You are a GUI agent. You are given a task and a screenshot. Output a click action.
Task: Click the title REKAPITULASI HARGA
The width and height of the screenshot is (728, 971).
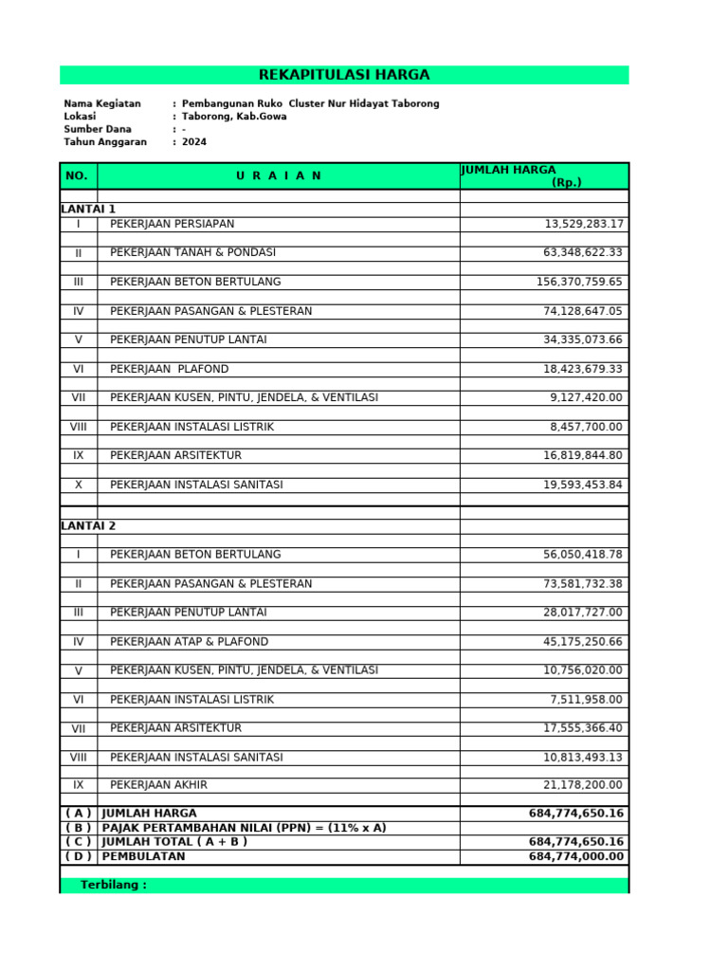(344, 75)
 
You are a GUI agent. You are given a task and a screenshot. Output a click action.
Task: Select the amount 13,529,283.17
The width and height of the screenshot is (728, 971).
(584, 225)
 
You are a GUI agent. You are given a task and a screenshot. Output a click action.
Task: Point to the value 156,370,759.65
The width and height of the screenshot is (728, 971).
(579, 283)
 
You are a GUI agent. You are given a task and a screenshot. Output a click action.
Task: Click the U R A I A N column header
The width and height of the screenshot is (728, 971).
(279, 176)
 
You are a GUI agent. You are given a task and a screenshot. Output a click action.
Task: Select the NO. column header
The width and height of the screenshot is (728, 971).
(78, 176)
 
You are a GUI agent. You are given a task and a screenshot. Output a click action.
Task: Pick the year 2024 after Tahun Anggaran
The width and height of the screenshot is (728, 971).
(194, 142)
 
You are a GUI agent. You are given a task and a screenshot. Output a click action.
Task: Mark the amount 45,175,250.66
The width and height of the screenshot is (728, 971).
(583, 642)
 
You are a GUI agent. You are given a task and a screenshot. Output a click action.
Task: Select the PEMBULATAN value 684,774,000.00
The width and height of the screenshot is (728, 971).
(576, 857)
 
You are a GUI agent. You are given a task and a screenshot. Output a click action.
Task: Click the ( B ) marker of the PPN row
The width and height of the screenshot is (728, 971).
(78, 828)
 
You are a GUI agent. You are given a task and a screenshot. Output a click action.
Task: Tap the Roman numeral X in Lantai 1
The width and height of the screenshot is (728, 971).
(78, 485)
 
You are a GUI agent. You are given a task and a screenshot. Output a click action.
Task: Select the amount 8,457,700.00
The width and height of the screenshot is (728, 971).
(587, 428)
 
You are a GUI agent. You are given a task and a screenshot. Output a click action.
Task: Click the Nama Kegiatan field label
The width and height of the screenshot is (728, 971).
(102, 103)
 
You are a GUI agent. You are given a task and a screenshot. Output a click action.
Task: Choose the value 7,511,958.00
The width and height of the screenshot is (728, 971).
(587, 700)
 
